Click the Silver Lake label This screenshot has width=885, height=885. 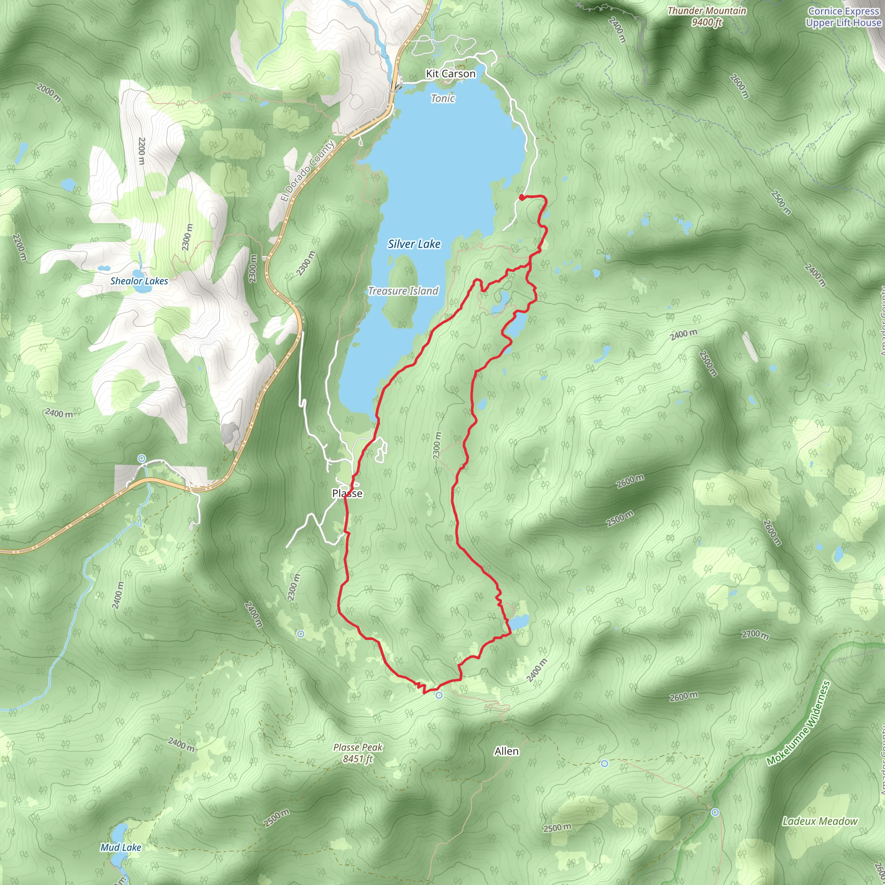point(414,244)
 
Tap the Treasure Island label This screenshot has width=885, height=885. point(403,291)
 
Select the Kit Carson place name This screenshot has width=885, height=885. point(451,74)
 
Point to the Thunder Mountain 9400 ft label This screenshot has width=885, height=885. point(707,16)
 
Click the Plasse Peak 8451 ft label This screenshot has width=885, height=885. point(358,753)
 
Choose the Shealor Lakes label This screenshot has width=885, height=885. point(139,281)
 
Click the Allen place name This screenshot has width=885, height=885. point(506,751)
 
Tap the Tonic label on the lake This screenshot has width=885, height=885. point(443,99)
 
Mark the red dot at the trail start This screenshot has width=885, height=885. point(521,197)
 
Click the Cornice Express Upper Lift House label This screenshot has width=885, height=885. point(844,17)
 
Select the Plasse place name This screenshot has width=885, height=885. point(347,493)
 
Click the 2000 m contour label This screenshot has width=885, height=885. point(48,93)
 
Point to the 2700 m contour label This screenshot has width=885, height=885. point(755,634)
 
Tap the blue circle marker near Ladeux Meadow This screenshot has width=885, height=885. point(715,812)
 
